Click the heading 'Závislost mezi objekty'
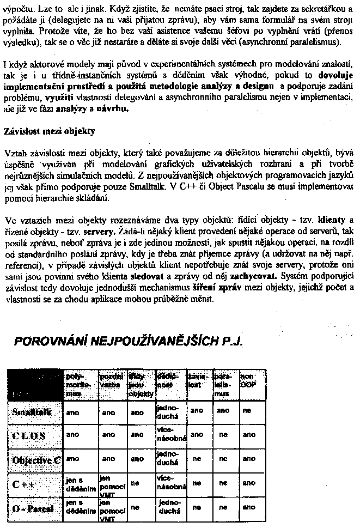[50, 131]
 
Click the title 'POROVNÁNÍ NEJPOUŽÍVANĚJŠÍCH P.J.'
[128, 342]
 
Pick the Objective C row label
[36, 460]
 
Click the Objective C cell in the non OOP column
[248, 459]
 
